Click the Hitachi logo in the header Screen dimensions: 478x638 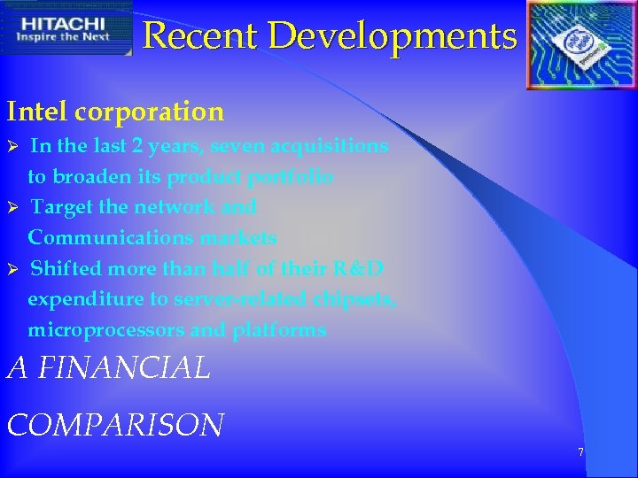point(66,27)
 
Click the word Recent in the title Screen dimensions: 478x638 point(202,36)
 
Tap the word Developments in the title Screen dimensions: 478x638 point(393,36)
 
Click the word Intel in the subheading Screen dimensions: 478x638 point(37,112)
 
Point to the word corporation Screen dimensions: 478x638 point(150,112)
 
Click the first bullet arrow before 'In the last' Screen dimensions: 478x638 point(12,146)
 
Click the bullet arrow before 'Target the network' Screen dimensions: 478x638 point(12,208)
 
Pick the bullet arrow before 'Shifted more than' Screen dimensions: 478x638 point(12,269)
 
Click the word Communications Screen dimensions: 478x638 point(107,238)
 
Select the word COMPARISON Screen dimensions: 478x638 point(115,425)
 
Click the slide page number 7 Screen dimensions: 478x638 point(580,452)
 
